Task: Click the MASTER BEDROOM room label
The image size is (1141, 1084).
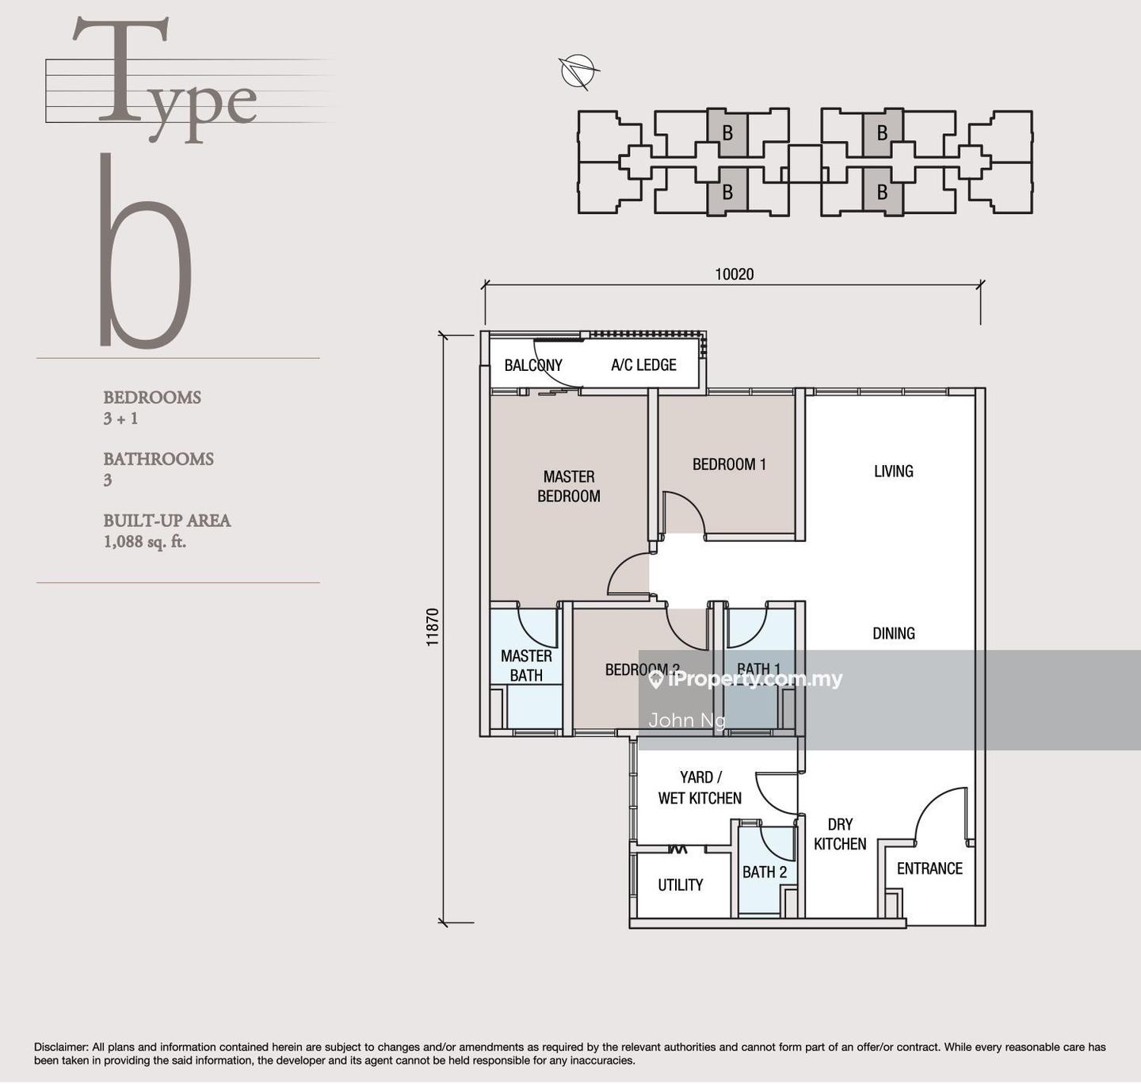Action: click(x=569, y=486)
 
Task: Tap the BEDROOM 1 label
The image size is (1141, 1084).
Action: click(x=729, y=464)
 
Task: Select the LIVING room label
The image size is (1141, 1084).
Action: click(x=893, y=471)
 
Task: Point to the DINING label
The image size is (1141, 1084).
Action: click(x=894, y=633)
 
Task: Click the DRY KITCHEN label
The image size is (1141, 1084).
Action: click(x=840, y=834)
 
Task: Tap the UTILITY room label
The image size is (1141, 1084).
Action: click(x=680, y=884)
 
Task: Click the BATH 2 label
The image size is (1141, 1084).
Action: click(x=765, y=872)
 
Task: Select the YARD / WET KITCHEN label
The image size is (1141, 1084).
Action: click(x=700, y=788)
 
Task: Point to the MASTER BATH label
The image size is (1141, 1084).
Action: click(x=526, y=666)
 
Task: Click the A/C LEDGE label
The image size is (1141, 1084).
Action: click(x=643, y=365)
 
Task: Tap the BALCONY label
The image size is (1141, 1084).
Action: click(x=532, y=365)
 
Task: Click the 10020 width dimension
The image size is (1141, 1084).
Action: click(x=735, y=274)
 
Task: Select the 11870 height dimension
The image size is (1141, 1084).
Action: click(x=433, y=627)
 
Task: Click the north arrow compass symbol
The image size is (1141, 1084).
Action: click(x=576, y=71)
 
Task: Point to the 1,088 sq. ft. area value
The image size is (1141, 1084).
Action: click(x=145, y=542)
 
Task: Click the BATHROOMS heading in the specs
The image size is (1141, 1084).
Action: click(x=158, y=459)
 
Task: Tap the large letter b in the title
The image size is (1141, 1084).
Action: click(x=145, y=250)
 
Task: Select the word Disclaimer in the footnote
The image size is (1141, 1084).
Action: click(x=60, y=1048)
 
